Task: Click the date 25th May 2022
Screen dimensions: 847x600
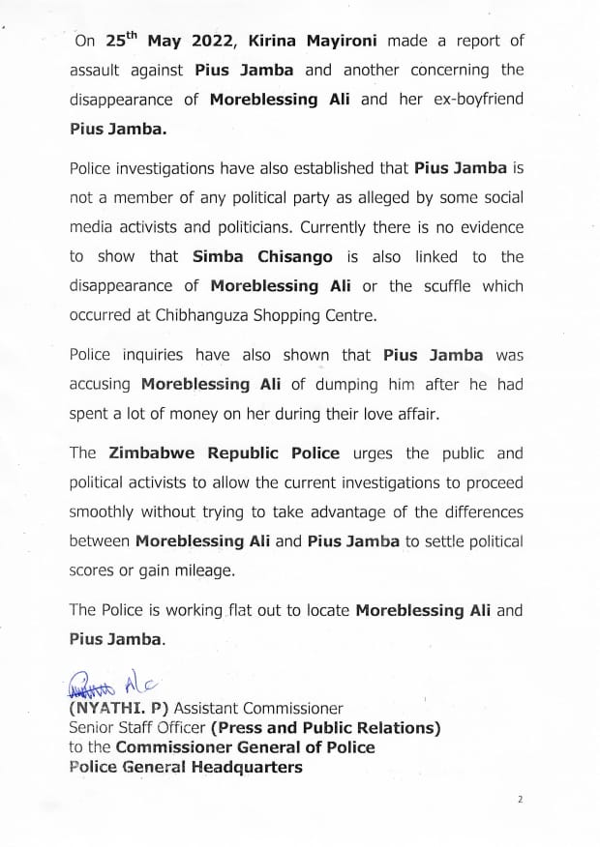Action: (x=169, y=41)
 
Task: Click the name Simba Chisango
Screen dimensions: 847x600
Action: (x=261, y=256)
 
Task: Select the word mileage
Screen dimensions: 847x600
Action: (x=201, y=570)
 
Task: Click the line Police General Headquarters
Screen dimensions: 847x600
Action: (x=186, y=768)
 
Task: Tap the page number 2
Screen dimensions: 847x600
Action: (x=521, y=800)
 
